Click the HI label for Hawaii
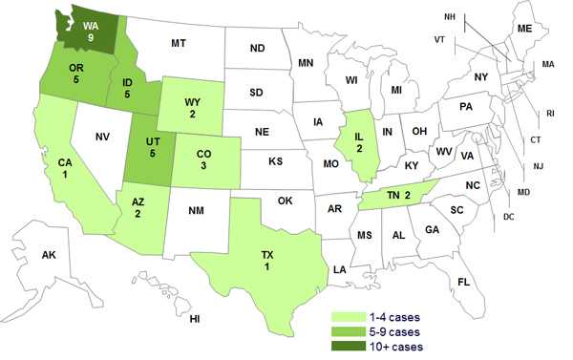(x=195, y=317)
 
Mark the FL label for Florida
(x=463, y=283)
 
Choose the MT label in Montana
(x=178, y=43)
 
